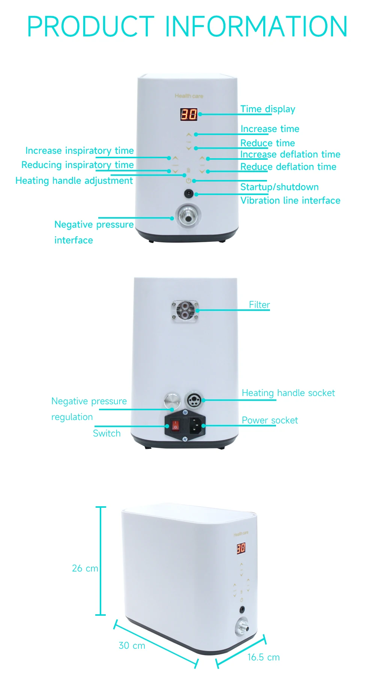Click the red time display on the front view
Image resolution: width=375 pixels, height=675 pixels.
click(x=189, y=114)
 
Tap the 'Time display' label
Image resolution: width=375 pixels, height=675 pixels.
click(x=268, y=109)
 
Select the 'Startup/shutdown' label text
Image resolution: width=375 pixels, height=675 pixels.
click(x=279, y=187)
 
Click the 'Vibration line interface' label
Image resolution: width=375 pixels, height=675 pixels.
click(x=290, y=201)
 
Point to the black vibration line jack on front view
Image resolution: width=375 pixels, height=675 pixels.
click(x=189, y=194)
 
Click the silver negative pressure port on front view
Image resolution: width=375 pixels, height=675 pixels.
click(x=189, y=216)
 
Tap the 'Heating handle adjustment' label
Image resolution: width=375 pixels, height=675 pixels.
click(x=74, y=181)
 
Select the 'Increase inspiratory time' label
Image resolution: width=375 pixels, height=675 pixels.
click(x=79, y=151)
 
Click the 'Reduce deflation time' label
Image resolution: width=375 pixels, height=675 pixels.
click(x=288, y=167)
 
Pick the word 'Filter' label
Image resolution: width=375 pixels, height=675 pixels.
click(x=259, y=305)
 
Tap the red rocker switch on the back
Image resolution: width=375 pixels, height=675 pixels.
click(x=175, y=425)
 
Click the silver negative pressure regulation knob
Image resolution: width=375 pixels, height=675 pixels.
click(x=172, y=401)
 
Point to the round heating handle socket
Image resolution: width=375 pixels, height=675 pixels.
click(x=194, y=400)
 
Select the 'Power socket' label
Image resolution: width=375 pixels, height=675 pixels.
click(x=270, y=420)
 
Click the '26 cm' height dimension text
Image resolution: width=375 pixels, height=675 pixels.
click(x=85, y=568)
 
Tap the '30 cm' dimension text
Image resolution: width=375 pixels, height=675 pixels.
click(x=132, y=645)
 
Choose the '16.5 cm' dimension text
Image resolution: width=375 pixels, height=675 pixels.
click(x=263, y=657)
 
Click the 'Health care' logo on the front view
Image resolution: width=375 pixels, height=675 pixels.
click(x=189, y=96)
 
